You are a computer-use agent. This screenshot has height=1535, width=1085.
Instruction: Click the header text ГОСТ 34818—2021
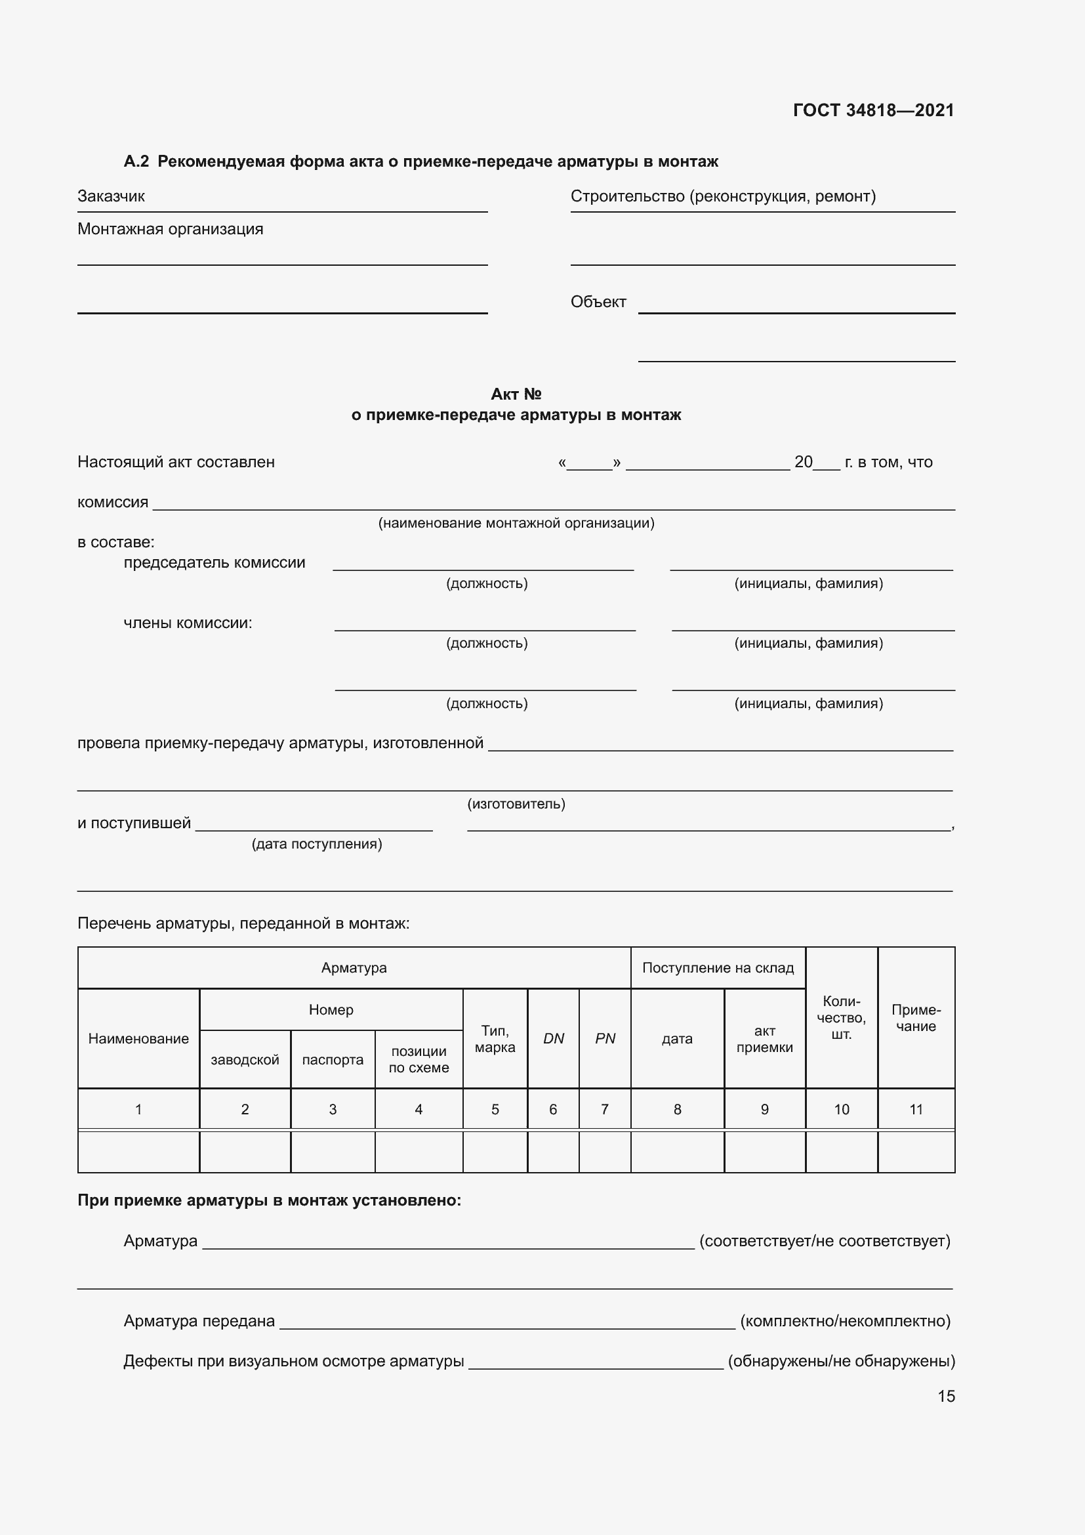(873, 110)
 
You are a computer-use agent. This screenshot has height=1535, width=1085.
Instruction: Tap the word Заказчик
(111, 197)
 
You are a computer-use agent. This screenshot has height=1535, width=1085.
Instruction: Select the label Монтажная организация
(171, 229)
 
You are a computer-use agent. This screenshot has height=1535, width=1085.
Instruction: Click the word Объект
(598, 302)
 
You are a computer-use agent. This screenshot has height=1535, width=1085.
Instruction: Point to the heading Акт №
(516, 394)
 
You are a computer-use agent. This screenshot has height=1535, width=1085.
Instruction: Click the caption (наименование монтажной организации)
(516, 523)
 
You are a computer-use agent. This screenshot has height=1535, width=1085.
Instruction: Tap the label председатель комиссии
(215, 563)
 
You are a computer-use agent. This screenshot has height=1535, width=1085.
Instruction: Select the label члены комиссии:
(188, 623)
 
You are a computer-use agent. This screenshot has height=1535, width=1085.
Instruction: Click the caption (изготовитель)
(516, 804)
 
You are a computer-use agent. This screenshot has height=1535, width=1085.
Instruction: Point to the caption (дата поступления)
(317, 844)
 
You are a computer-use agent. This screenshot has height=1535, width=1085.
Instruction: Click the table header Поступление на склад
(718, 968)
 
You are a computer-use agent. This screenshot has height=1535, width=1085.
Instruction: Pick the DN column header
(553, 1038)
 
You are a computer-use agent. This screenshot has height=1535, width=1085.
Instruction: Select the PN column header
(605, 1038)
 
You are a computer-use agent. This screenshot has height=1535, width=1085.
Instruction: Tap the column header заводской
(245, 1060)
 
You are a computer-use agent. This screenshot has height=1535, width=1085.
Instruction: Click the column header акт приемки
(764, 1039)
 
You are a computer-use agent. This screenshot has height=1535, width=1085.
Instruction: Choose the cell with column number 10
(841, 1110)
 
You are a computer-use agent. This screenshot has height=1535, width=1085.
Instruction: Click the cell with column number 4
(419, 1110)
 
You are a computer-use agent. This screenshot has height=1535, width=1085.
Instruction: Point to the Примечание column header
(915, 1019)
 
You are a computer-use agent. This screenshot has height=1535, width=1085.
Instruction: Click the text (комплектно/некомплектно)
(845, 1321)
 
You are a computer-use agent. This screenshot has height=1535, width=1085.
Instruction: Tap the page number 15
(946, 1396)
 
